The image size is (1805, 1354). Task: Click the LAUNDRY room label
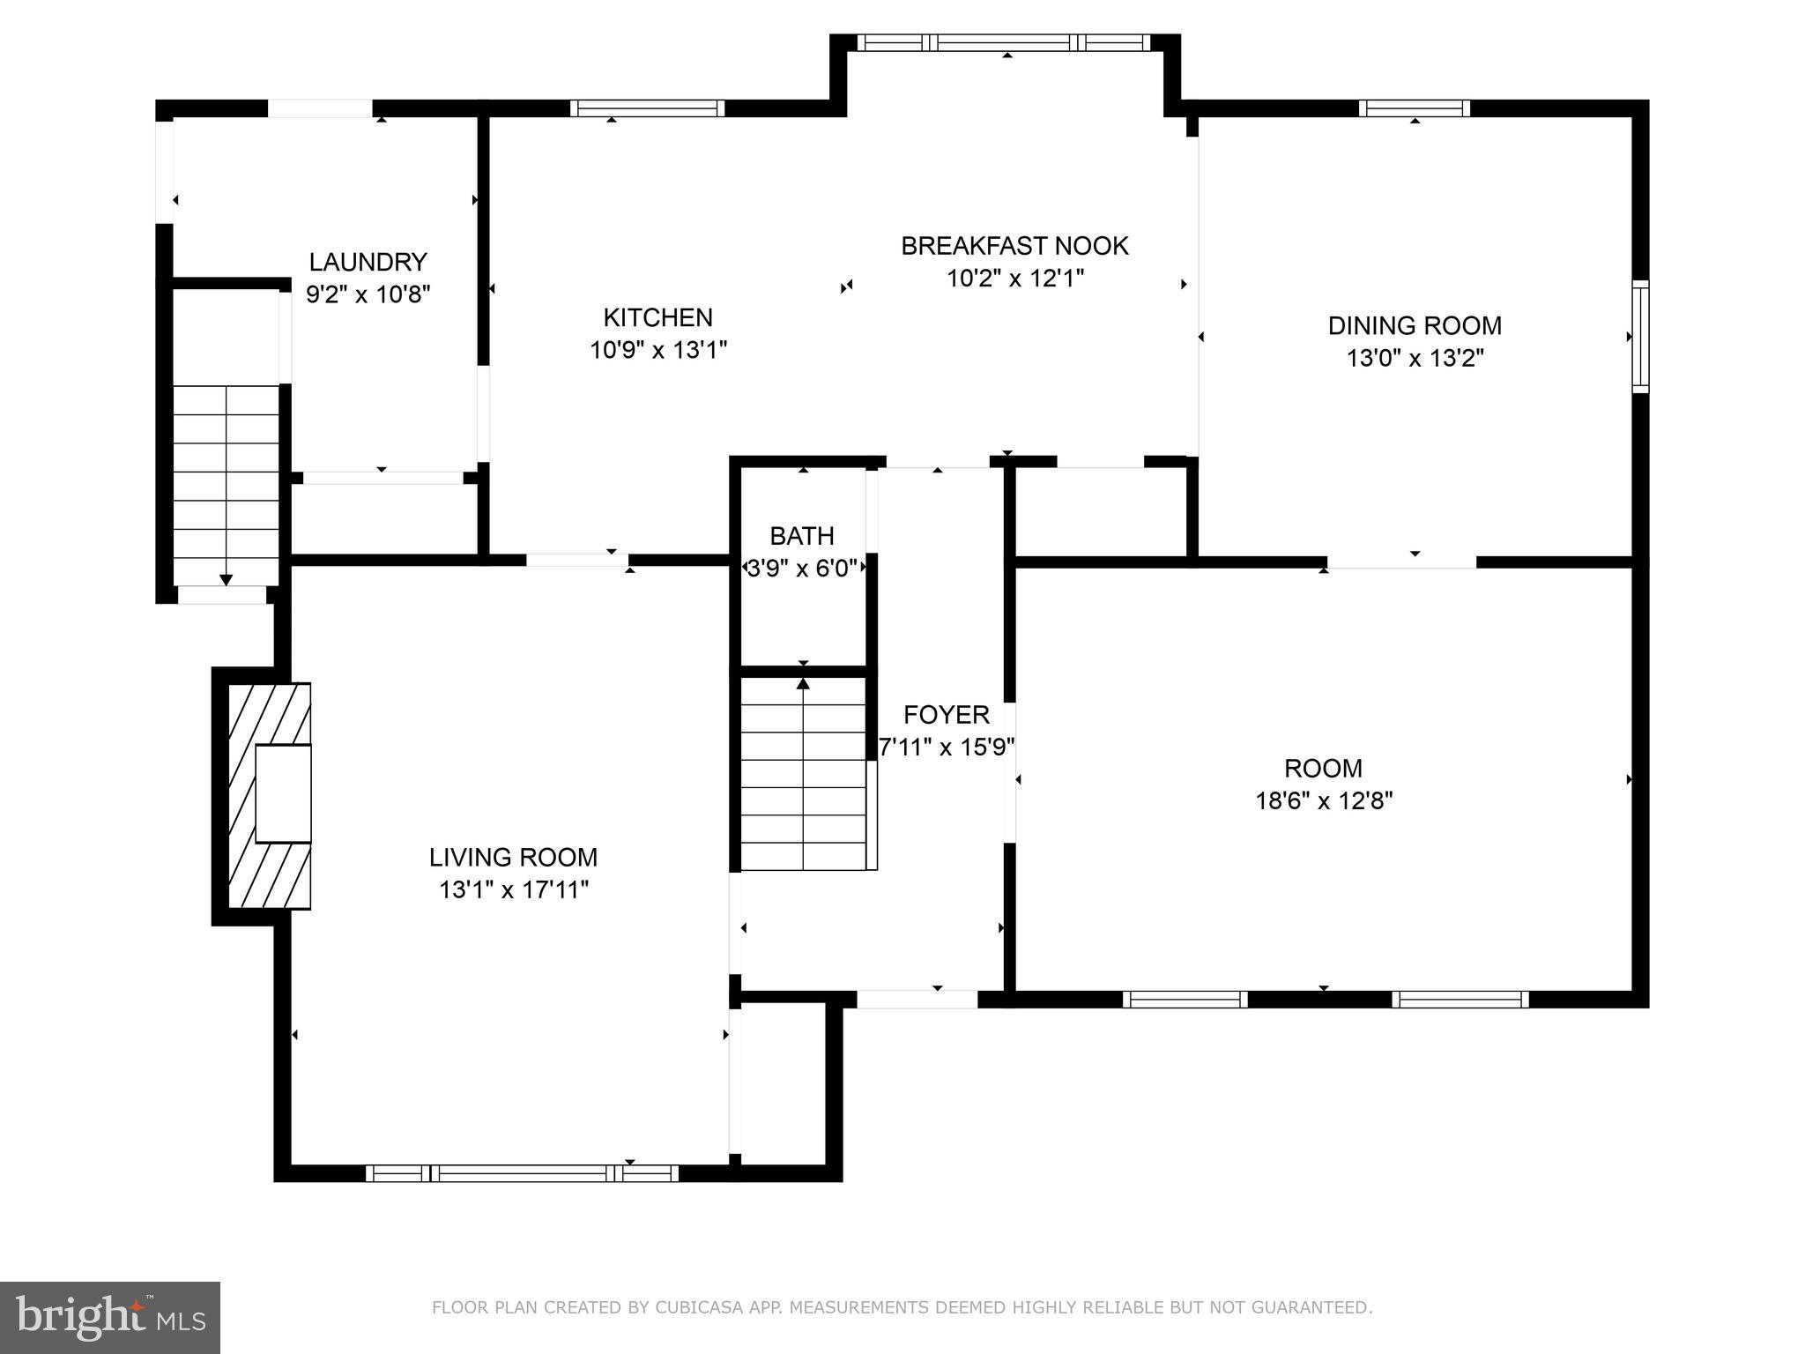click(x=368, y=262)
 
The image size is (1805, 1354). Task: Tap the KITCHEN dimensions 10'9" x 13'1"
click(x=658, y=350)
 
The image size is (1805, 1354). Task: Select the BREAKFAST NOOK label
click(x=1014, y=246)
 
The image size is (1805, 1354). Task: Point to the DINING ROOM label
click(x=1415, y=325)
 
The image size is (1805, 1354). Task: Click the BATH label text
click(x=801, y=535)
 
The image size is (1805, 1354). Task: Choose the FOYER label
click(x=947, y=714)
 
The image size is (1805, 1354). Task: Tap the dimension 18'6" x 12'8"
click(x=1324, y=800)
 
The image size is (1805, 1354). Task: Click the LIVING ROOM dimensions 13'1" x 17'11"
click(x=514, y=889)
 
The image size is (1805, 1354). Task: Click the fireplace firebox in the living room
click(x=283, y=793)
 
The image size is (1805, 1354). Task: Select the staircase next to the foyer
click(x=804, y=774)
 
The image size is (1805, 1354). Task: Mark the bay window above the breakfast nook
click(x=1004, y=42)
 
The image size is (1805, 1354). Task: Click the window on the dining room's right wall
click(x=1640, y=336)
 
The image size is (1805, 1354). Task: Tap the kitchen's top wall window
click(x=647, y=108)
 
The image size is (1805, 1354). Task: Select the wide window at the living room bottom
click(x=522, y=1173)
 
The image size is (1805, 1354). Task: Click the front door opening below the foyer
click(x=917, y=999)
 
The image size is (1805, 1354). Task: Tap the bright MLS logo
click(x=110, y=1317)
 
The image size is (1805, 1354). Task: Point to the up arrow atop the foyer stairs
click(x=803, y=683)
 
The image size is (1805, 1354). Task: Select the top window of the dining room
click(x=1414, y=108)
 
